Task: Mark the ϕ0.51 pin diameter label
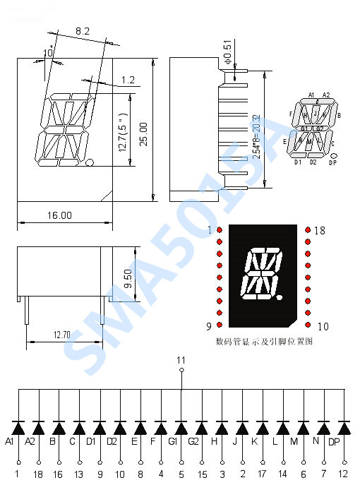coord(227,53)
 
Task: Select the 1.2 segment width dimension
coord(128,80)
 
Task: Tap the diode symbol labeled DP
coord(344,428)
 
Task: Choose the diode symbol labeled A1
coord(18,428)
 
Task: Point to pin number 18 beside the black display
coord(320,230)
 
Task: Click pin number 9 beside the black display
coord(210,325)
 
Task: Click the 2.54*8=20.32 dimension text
coord(256,134)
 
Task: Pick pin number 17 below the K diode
coord(263,474)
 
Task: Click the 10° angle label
coord(48,52)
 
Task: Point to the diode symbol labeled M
coord(303,428)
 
